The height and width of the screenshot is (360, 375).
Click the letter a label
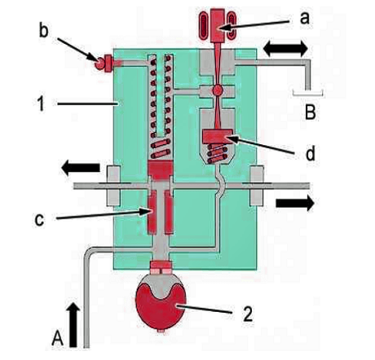(x=305, y=19)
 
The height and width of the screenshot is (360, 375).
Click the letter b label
(x=44, y=31)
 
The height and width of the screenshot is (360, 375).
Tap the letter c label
(x=39, y=220)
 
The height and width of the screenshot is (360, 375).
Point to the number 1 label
(x=41, y=103)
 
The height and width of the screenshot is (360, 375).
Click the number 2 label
(x=247, y=314)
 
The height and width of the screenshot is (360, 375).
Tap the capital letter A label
(x=58, y=338)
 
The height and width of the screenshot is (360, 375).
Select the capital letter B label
(x=311, y=112)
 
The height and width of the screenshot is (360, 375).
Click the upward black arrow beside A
(x=73, y=325)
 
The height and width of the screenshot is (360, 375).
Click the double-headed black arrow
(x=285, y=49)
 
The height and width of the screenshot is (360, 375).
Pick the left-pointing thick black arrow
(x=81, y=168)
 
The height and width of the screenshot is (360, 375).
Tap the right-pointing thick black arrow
(x=295, y=203)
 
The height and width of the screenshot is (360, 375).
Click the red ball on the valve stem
(x=218, y=90)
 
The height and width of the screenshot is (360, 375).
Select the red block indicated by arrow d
(x=217, y=135)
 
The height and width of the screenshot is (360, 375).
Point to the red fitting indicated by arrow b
(x=104, y=64)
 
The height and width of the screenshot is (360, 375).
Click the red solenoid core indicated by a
(x=218, y=25)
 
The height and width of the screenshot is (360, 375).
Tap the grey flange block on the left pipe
(x=113, y=186)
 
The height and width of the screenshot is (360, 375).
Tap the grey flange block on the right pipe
(x=257, y=186)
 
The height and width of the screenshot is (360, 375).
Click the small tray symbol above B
(x=307, y=95)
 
